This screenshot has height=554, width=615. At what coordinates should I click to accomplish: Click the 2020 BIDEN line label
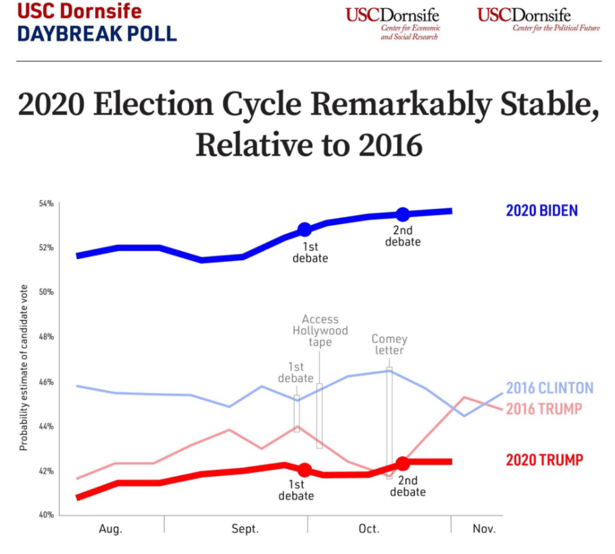coord(541,210)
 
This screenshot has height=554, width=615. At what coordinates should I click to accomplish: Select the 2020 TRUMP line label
coord(544,461)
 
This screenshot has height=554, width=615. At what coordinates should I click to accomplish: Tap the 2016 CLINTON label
coord(549,388)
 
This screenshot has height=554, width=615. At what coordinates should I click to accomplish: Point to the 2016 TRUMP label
coord(543,409)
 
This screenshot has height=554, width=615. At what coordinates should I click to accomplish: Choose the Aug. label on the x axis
coord(111,529)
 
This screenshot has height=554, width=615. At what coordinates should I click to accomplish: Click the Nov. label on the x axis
coord(483,529)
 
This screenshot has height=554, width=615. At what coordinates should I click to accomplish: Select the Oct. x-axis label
coord(368,529)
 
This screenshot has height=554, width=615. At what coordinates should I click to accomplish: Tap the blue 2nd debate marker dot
coord(403,214)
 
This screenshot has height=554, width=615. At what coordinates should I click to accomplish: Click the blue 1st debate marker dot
coord(305,229)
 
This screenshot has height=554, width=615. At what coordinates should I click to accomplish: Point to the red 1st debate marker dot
coord(305,470)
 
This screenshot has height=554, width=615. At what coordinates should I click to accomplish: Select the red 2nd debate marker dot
coord(403,463)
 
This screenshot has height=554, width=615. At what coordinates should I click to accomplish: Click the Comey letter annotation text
coord(389,344)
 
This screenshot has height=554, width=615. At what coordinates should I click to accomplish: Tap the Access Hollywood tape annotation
coord(320,330)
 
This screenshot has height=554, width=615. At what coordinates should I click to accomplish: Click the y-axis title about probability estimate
coord(24,368)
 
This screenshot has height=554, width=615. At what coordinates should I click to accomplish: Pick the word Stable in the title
coord(540,106)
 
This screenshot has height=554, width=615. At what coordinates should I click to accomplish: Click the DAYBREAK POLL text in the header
coord(97,33)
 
